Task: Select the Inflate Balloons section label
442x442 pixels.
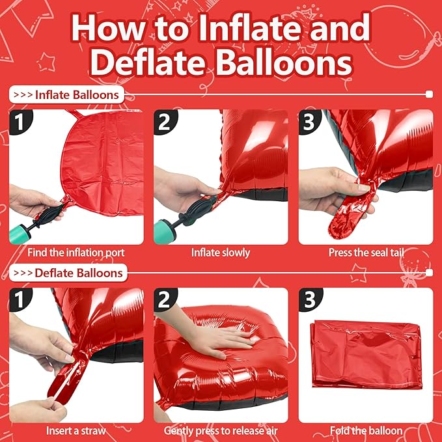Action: click(67, 94)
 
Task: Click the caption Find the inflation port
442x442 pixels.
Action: click(76, 252)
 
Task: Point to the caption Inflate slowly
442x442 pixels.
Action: click(221, 252)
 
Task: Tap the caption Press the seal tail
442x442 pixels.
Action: click(365, 252)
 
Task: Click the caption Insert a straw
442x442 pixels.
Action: click(76, 430)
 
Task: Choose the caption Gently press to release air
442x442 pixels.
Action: click(221, 430)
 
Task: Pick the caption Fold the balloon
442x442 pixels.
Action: click(365, 430)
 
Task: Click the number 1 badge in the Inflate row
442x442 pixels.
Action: click(21, 122)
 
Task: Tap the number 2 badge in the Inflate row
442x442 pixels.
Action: click(165, 122)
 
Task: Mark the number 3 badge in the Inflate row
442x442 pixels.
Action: click(310, 122)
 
